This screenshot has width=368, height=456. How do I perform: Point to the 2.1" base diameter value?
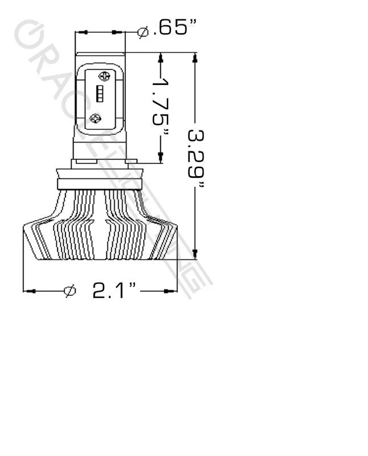click(x=115, y=291)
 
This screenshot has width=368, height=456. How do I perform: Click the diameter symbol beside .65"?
click(x=144, y=32)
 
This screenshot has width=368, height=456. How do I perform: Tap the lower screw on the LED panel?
click(x=96, y=119)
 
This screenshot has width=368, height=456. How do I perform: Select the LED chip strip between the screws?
click(x=99, y=95)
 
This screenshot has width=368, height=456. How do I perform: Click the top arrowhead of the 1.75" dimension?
click(x=162, y=58)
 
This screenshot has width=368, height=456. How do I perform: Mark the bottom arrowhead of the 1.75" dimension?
click(x=162, y=158)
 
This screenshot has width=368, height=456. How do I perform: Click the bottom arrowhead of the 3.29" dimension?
click(x=196, y=254)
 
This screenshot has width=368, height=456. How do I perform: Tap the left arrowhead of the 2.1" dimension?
click(x=30, y=291)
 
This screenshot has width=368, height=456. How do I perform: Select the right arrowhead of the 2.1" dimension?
click(x=183, y=291)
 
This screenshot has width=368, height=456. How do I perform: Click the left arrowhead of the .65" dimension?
click(x=81, y=32)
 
